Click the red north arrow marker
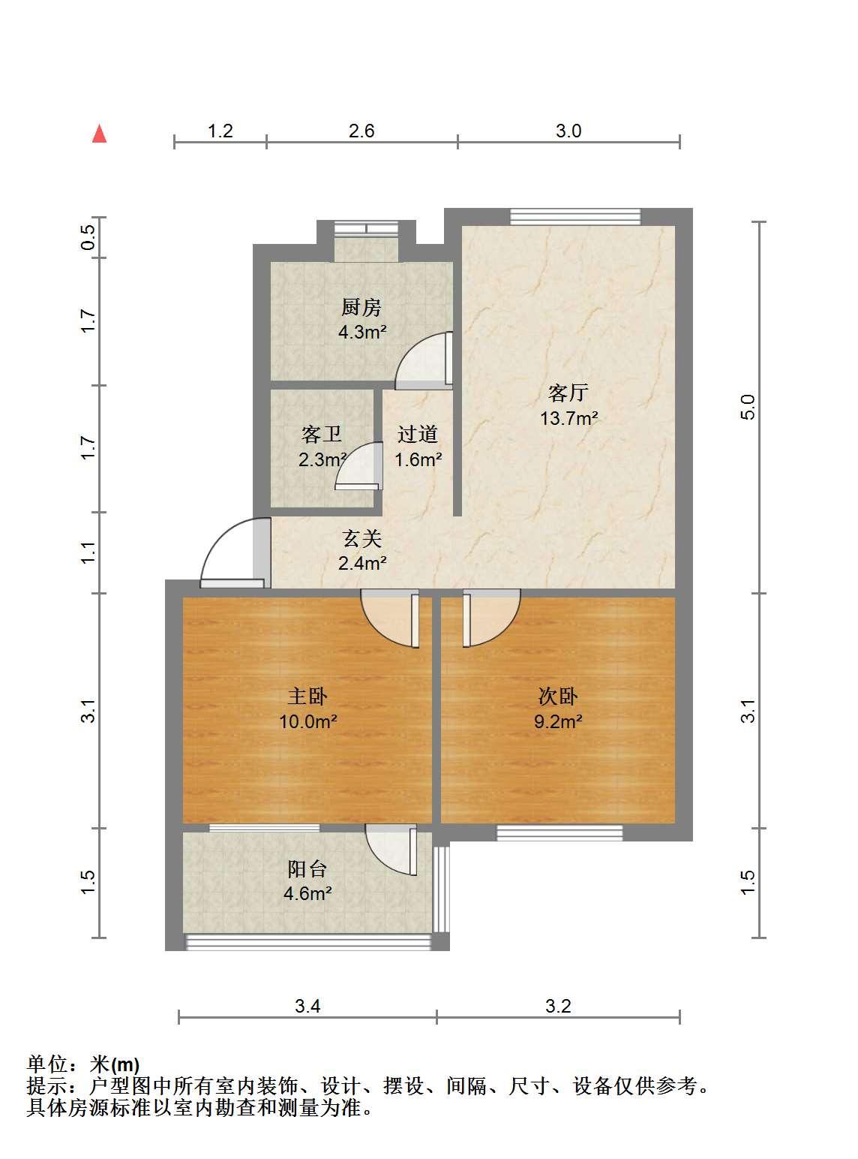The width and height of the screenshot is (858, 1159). (99, 134)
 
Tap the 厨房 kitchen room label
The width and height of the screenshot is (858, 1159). (361, 307)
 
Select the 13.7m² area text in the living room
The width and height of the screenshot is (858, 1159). (568, 418)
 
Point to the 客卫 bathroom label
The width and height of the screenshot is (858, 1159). (321, 434)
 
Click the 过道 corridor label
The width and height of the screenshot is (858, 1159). (417, 434)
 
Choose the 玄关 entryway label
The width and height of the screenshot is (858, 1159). (362, 539)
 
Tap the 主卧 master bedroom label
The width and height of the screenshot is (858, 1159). (307, 697)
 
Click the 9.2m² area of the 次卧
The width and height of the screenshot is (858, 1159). (558, 721)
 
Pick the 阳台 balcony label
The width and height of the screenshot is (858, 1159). (307, 869)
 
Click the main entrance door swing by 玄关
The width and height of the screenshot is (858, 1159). (233, 552)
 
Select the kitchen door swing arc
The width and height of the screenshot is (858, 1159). (424, 360)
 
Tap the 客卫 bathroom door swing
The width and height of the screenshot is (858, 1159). (358, 465)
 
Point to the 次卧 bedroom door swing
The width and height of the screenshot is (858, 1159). (491, 618)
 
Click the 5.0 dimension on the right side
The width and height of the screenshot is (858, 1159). (748, 407)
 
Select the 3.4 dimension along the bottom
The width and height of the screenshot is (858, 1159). (307, 1005)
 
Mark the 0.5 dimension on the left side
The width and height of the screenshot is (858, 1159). (88, 236)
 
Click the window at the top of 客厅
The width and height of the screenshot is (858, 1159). (575, 216)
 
